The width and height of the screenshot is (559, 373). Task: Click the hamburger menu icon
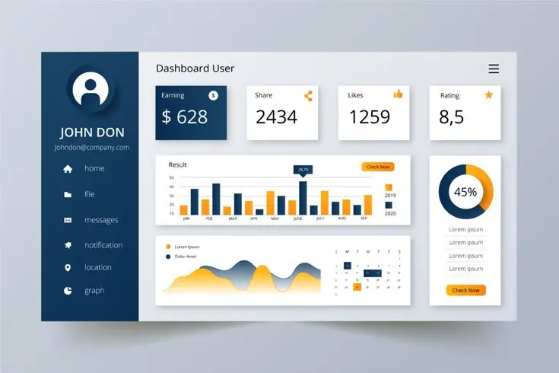click(494, 69)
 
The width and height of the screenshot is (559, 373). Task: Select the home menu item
click(94, 168)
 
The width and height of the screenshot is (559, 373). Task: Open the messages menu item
click(101, 220)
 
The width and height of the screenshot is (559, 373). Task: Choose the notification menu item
click(103, 245)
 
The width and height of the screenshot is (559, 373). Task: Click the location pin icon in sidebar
click(68, 268)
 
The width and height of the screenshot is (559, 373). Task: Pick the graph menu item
click(94, 291)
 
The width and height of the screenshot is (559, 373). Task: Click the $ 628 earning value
click(185, 117)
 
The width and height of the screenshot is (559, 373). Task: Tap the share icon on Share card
click(308, 96)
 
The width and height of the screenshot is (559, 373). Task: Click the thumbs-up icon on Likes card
click(398, 94)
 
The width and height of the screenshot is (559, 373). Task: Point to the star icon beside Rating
click(489, 95)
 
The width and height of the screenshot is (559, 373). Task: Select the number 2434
click(276, 117)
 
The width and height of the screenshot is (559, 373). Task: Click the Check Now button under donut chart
click(465, 290)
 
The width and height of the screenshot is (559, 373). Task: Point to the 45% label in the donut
click(465, 192)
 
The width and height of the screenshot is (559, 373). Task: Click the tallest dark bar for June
click(303, 198)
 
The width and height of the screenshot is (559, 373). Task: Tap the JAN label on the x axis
click(186, 218)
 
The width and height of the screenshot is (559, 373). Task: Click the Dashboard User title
click(195, 69)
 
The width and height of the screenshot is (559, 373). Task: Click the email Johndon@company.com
click(92, 148)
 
